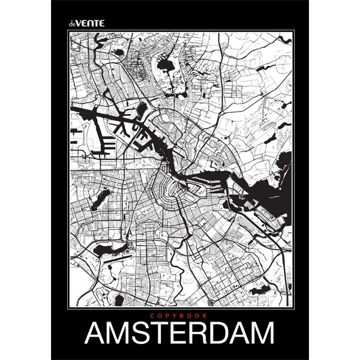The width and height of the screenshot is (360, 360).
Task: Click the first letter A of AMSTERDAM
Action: [96, 334]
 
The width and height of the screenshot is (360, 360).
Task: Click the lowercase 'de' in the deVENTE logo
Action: [73, 23]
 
